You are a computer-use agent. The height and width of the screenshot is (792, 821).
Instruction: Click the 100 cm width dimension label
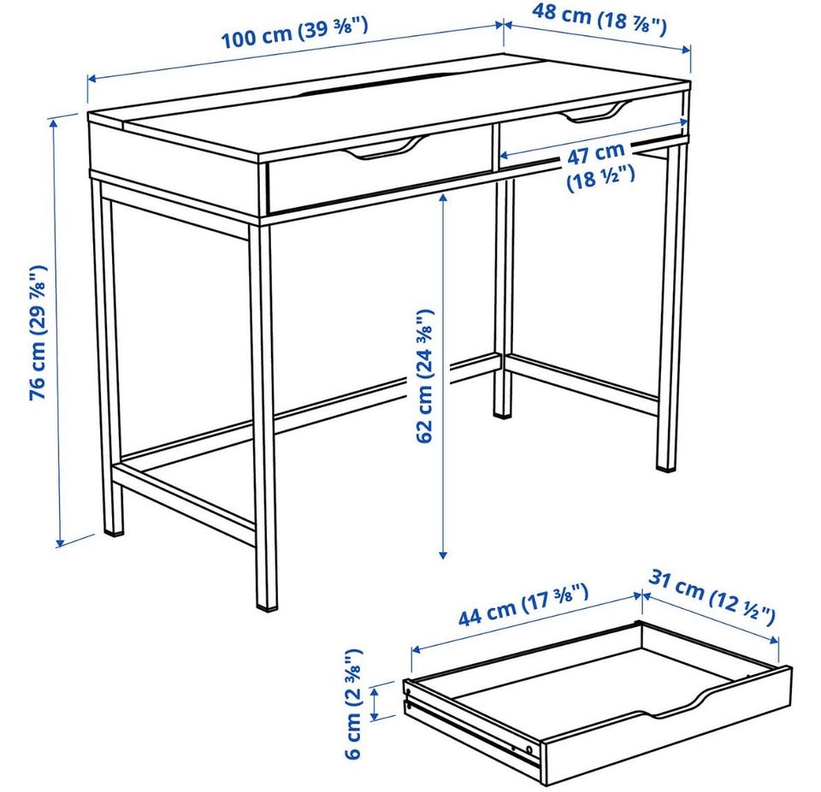(295, 33)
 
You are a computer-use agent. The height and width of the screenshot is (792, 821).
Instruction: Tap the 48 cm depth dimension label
(599, 19)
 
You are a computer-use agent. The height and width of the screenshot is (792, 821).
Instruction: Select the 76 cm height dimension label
(38, 333)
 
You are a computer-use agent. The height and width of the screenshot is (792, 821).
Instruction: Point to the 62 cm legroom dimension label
(425, 375)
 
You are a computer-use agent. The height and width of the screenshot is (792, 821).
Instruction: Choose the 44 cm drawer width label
(523, 604)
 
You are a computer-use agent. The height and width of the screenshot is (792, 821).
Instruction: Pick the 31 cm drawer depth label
(712, 597)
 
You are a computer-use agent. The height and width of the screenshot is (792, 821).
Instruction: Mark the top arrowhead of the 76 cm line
(53, 123)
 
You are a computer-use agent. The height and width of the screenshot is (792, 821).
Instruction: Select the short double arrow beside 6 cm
(375, 703)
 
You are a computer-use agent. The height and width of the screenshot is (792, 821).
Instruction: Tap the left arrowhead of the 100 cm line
(92, 79)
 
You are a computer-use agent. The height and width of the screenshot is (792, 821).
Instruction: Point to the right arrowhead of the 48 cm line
(687, 50)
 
